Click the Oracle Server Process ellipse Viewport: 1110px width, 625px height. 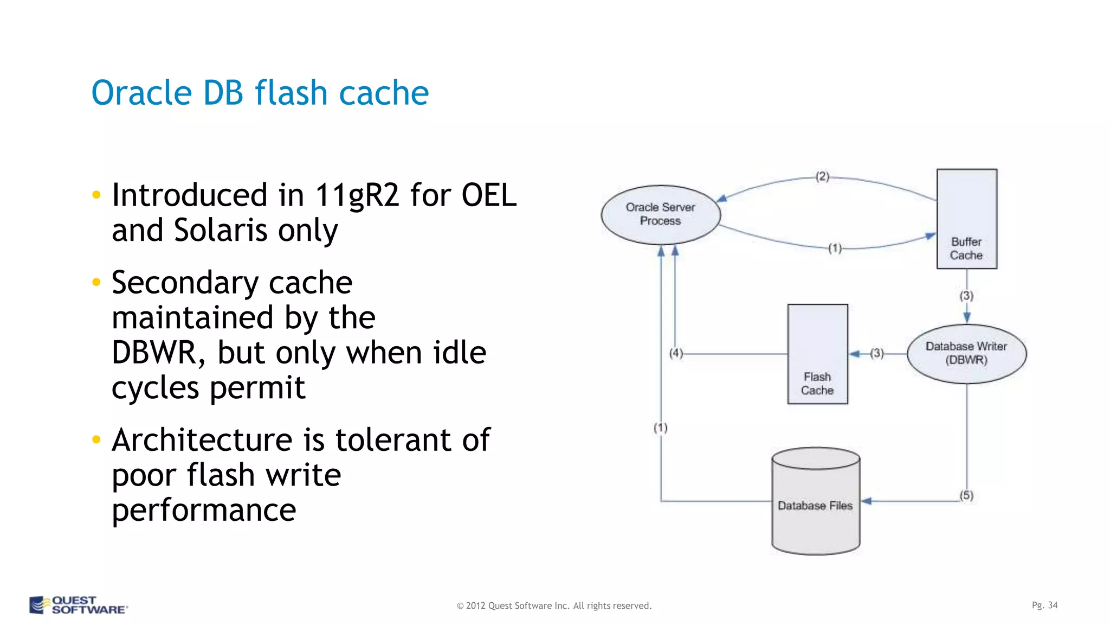tap(660, 214)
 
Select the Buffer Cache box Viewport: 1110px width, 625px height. tap(966, 219)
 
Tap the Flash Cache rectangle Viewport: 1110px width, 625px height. tap(817, 354)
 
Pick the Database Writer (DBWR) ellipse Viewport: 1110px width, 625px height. tap(966, 353)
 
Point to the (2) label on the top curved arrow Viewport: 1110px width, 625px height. tap(822, 176)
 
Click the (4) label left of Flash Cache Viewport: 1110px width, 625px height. tap(676, 353)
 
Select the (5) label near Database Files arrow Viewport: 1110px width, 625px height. tap(966, 495)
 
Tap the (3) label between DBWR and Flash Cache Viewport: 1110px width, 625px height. tap(877, 353)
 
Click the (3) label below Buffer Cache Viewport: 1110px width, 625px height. tap(966, 296)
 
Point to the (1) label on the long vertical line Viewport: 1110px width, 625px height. tap(660, 428)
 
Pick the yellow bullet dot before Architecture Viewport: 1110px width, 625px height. tap(96, 439)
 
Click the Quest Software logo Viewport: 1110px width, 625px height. tap(79, 605)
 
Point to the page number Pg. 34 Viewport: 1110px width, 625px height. tap(1044, 605)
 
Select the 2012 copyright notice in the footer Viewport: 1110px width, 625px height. tap(554, 605)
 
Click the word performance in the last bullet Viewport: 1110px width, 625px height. tap(204, 510)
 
